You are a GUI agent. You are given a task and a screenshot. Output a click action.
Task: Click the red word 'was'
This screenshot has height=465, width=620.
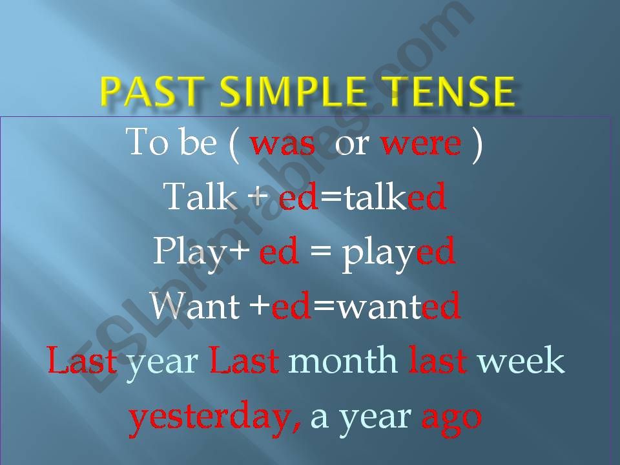point(283,143)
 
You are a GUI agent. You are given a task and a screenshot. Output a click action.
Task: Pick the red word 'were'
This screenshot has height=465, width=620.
point(421,143)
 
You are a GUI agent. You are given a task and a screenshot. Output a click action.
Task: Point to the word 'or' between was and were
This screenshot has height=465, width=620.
point(352,143)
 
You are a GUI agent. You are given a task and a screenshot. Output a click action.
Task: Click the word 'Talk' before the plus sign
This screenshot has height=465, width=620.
point(200,196)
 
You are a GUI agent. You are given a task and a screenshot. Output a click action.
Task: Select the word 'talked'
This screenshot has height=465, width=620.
point(395,196)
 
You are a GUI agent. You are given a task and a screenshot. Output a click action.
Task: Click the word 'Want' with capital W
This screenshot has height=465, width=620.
point(196,305)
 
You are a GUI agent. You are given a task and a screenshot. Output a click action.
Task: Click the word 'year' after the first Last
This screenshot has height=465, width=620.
point(161,362)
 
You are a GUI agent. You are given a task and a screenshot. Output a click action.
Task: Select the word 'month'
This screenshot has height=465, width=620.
point(342,360)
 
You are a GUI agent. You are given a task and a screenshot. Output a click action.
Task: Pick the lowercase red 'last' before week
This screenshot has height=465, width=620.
point(438,360)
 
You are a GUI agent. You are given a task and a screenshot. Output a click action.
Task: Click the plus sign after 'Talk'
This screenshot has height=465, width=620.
point(257,196)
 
